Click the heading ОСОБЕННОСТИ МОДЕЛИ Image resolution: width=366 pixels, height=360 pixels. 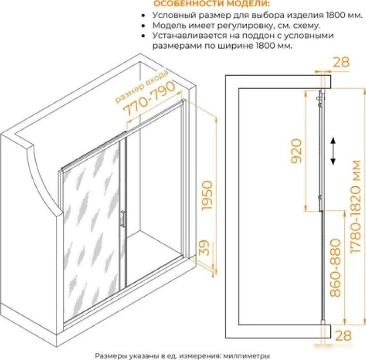tap(211, 3)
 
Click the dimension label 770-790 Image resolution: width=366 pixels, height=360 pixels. tap(149, 98)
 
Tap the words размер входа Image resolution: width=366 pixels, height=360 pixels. tap(141, 86)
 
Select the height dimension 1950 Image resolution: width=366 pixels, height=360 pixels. tap(207, 195)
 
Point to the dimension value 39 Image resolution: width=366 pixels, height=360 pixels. tap(205, 248)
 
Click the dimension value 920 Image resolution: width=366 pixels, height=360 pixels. tap(296, 151)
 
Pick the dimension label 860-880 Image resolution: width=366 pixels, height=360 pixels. tap(336, 267)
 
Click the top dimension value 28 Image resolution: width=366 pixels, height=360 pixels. tap(341, 62)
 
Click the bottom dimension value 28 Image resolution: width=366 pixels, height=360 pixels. tap(343, 335)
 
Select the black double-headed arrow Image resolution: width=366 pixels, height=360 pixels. tap(333, 151)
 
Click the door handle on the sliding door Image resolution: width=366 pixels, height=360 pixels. tap(122, 219)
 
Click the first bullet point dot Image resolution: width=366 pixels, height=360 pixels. tap(143, 15)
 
